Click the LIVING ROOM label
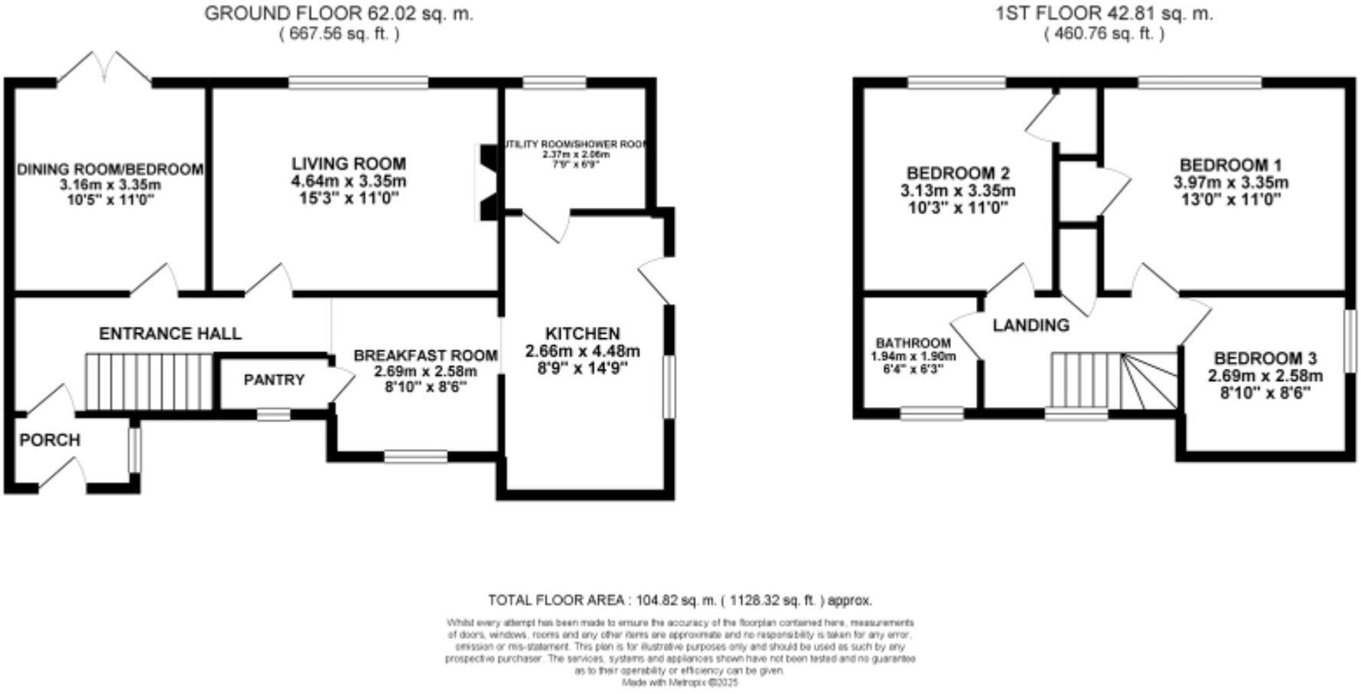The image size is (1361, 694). pos(348,164)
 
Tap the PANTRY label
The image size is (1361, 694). pos(274,380)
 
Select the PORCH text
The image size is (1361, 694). pos(50,440)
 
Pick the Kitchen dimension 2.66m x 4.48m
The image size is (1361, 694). pos(582,351)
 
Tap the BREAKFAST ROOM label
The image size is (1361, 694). pos(425,356)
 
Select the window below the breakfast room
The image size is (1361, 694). pos(415,457)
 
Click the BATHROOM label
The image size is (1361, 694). pos(913,344)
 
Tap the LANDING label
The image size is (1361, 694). pos(1031,325)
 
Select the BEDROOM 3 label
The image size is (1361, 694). pos(1265,358)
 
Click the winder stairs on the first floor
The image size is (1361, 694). pos(1148,381)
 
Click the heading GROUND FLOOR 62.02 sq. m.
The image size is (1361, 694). pos(339,13)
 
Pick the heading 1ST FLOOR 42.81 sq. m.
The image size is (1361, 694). pos(1104,13)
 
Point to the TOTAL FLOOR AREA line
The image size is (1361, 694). pos(679,600)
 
